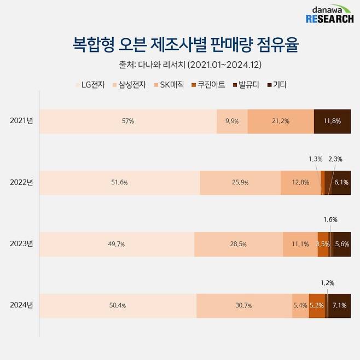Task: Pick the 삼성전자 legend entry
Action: coord(130,85)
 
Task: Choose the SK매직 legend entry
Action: coord(170,85)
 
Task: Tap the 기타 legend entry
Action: coord(277,85)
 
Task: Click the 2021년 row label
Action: coord(21,121)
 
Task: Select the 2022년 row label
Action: coord(21,182)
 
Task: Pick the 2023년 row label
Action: coord(21,244)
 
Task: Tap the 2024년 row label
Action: coord(21,305)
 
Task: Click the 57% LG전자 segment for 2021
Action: coord(128,121)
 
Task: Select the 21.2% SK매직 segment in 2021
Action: coord(281,121)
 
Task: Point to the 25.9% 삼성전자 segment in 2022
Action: coord(240,183)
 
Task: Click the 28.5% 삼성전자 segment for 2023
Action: coord(239,244)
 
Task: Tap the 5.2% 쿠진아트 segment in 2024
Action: coord(317,305)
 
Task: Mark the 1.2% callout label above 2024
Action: coord(327,283)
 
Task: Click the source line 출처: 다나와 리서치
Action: coord(190,65)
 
